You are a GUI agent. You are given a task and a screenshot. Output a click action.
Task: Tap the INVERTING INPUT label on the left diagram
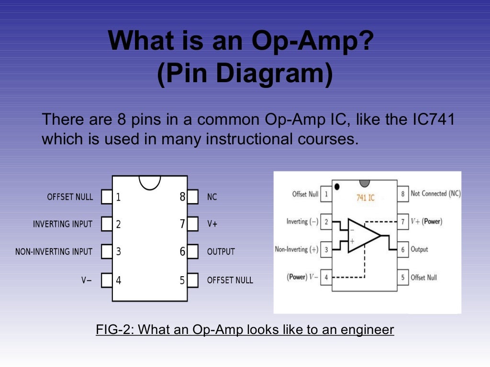click(63, 224)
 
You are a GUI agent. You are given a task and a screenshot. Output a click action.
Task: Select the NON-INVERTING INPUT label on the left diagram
click(54, 252)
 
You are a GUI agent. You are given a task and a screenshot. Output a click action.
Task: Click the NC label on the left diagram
click(212, 197)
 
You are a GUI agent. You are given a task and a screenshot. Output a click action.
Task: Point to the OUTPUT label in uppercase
click(221, 252)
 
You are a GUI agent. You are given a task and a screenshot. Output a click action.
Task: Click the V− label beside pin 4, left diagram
click(86, 281)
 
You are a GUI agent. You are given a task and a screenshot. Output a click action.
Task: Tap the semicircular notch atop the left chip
click(150, 182)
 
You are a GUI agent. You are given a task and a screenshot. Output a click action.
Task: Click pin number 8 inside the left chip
click(182, 197)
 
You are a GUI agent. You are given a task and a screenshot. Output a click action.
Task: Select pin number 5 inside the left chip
click(182, 281)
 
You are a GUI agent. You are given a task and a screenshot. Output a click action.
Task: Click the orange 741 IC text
click(365, 197)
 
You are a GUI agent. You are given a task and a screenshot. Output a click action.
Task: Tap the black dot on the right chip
click(337, 187)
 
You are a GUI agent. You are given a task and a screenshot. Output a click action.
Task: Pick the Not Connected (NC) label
click(435, 194)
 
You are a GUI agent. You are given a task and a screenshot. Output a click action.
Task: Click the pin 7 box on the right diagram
click(402, 222)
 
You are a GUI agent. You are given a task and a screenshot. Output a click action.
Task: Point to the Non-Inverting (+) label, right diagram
click(297, 249)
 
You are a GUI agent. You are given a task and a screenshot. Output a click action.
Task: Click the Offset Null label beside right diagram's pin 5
click(423, 278)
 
